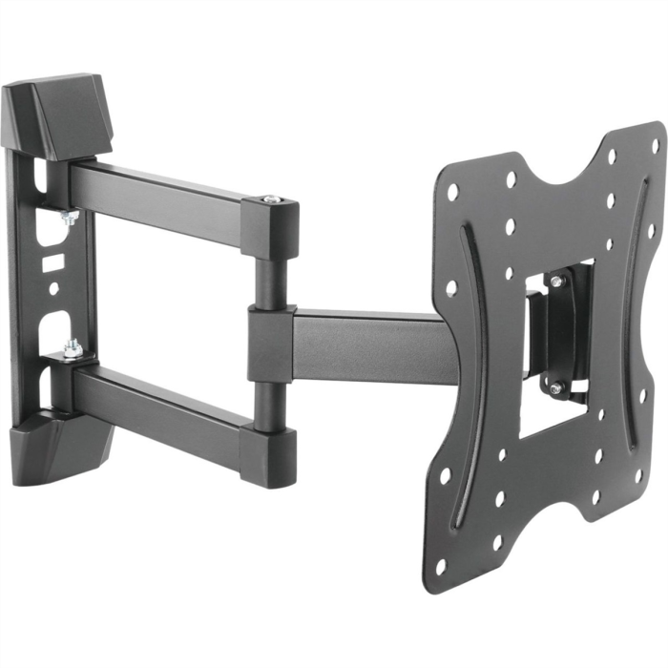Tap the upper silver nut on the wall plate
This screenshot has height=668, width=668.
coord(69,217)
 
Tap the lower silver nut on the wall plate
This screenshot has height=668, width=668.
coord(72,350)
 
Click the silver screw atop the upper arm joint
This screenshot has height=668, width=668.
coord(271,199)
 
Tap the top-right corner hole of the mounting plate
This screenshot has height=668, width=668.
coord(655,145)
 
